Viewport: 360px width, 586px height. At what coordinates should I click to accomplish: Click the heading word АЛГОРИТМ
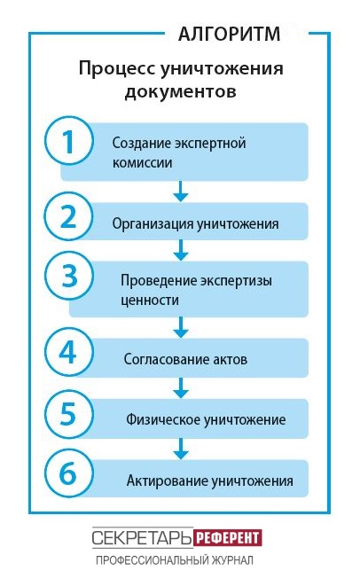tap(229, 34)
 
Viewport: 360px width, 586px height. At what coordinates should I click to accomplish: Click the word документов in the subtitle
tap(181, 91)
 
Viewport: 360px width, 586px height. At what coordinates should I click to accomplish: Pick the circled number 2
tap(68, 216)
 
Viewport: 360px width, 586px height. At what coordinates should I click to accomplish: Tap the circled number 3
tap(68, 277)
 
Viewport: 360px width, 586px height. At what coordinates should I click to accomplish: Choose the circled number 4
tap(68, 352)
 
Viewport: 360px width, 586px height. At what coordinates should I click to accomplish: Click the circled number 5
tap(68, 414)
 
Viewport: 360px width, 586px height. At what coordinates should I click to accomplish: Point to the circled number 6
tap(68, 473)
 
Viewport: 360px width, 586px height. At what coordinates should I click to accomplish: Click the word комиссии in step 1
tap(143, 163)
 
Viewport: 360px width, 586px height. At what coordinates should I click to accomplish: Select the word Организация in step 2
tap(153, 224)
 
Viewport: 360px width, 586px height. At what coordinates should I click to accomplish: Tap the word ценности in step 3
tap(150, 301)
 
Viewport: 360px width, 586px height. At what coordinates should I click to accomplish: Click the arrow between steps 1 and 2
tap(181, 191)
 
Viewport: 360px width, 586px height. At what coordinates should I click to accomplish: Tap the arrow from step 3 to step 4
tap(181, 327)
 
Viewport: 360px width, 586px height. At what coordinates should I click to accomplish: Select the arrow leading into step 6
tap(181, 449)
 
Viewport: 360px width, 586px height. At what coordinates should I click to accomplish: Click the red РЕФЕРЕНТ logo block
tap(227, 538)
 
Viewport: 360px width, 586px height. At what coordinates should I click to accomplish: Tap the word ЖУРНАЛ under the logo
tap(232, 560)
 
